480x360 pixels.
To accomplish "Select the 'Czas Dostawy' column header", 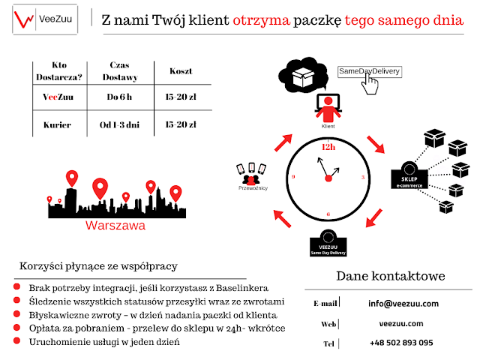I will (x=115, y=70).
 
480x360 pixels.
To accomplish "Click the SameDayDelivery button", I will (x=369, y=71).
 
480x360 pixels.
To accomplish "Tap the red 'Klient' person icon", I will (x=327, y=110).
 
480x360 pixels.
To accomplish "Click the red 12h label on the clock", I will (x=327, y=148).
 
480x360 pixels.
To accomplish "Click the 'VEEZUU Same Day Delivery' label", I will (x=328, y=250).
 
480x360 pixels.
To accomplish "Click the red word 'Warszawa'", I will (x=115, y=224).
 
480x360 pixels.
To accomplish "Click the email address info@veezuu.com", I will (x=403, y=304).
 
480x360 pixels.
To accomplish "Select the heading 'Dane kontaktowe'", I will (x=390, y=276).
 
